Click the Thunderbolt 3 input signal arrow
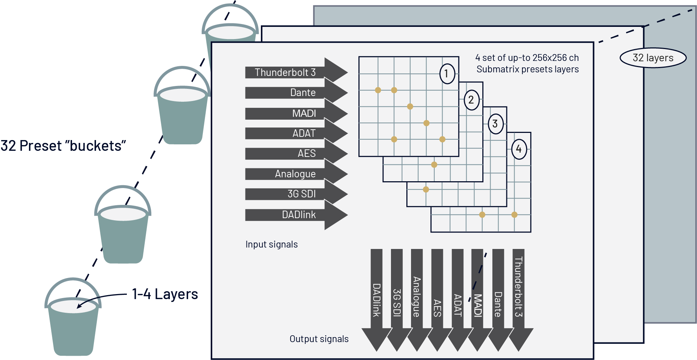[287, 72]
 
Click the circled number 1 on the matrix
[447, 74]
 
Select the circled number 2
[471, 100]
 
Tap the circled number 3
[495, 124]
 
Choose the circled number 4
[519, 149]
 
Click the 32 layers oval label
[653, 58]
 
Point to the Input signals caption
[272, 244]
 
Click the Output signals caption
[319, 339]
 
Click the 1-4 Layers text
[165, 294]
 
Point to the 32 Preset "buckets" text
[63, 146]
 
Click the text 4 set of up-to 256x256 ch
[527, 58]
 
